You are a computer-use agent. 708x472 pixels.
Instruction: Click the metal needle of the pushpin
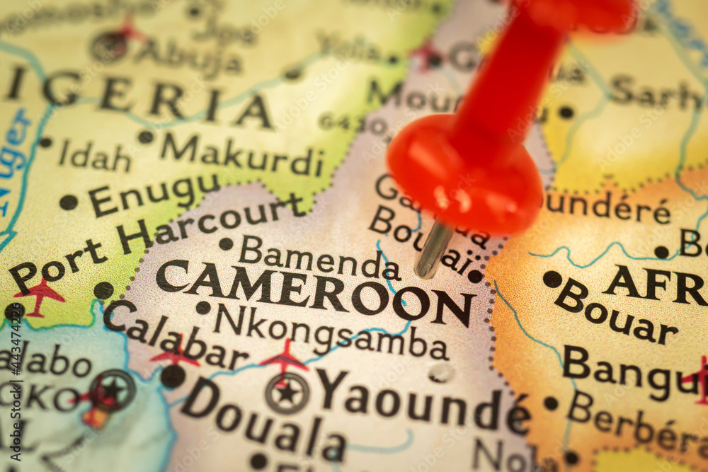click(431, 250)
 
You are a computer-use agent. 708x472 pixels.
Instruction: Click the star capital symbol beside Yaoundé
click(287, 393)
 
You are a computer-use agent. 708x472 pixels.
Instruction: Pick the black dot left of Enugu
click(69, 202)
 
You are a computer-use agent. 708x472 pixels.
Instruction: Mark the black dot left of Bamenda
click(226, 244)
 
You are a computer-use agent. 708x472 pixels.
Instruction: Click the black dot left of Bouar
click(552, 279)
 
